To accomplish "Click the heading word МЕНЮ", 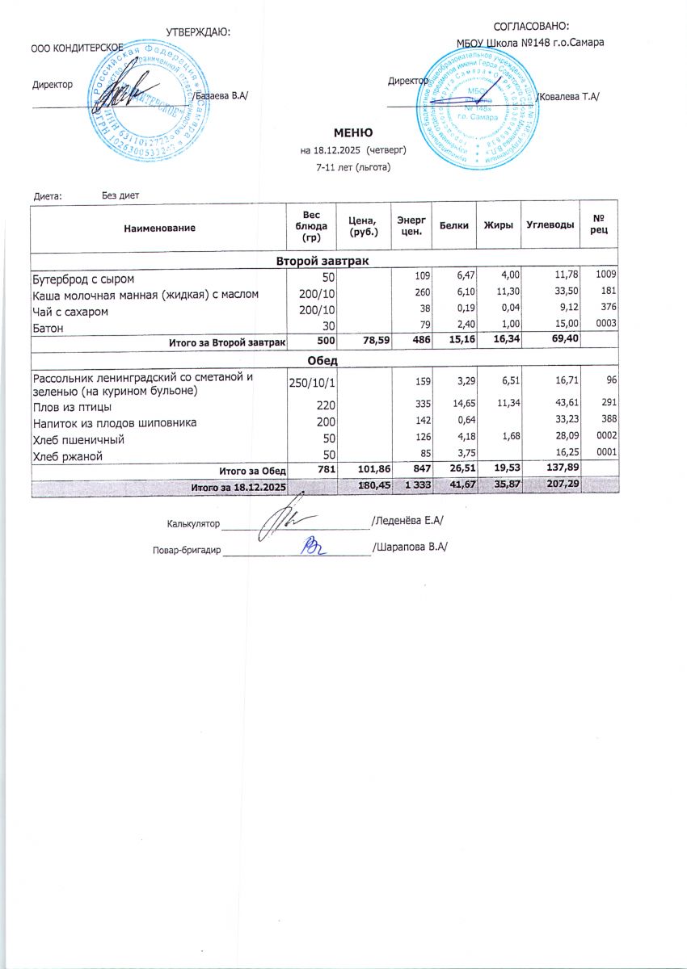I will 353,132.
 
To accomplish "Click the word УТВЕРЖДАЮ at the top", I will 197,31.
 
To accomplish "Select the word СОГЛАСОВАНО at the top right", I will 531,27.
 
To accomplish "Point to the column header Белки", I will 454,227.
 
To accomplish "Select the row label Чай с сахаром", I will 70,311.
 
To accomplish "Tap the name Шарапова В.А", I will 410,547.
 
